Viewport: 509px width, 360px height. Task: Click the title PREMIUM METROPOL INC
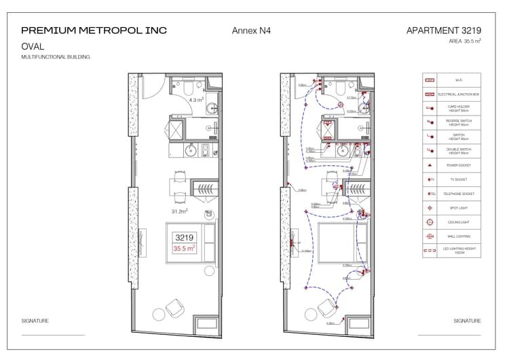point(94,31)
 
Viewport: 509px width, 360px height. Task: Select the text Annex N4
point(251,31)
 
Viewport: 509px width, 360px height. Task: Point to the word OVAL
point(33,47)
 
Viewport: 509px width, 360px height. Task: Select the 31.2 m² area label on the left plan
point(179,211)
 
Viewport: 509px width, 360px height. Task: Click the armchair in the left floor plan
point(174,308)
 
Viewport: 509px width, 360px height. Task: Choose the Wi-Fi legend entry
point(459,80)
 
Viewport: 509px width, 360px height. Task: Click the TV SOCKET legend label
point(459,179)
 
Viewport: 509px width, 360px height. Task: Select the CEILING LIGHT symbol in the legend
point(429,222)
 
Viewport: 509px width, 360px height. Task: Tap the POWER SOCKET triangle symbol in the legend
point(429,165)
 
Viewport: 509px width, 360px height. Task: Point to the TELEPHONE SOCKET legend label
point(459,194)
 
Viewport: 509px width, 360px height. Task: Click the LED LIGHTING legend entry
point(459,251)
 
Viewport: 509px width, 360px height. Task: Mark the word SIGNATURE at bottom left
point(35,321)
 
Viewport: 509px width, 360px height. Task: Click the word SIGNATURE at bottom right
point(467,321)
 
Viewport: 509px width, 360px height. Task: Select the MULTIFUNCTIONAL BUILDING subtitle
point(56,57)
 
